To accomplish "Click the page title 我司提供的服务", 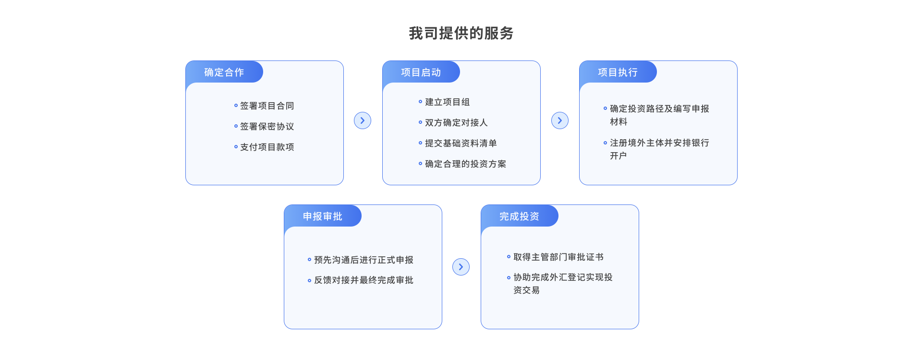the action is [461, 33].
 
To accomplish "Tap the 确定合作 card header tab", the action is [224, 72].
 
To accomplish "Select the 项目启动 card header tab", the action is [421, 72].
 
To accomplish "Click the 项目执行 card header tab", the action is [618, 72].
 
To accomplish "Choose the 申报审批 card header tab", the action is [323, 216].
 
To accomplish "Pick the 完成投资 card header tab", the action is [520, 216].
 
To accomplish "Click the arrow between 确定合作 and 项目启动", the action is [363, 120].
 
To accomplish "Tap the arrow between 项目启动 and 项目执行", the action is [560, 120].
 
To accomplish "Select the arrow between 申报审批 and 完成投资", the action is [461, 267].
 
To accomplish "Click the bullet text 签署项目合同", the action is [267, 106].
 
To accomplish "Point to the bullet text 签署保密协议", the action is [267, 126].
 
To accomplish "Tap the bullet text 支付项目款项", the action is [267, 147].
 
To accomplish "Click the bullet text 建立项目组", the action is [448, 102].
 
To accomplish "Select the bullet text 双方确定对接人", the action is [456, 122].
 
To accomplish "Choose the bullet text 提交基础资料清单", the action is [461, 143].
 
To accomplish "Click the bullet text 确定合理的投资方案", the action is [465, 164].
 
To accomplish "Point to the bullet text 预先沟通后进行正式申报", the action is [364, 260].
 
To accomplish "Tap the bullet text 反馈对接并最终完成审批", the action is [364, 280].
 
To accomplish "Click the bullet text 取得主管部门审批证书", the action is [558, 257].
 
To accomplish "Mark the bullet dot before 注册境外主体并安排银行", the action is [605, 143].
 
